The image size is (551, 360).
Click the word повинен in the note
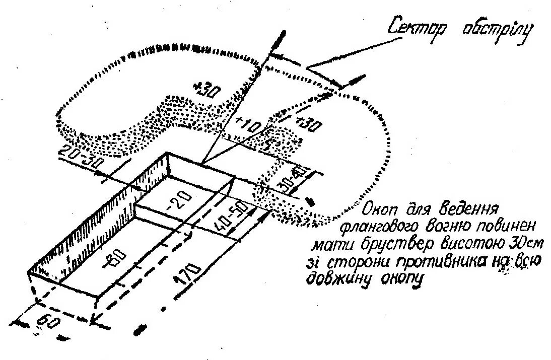(498, 225)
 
